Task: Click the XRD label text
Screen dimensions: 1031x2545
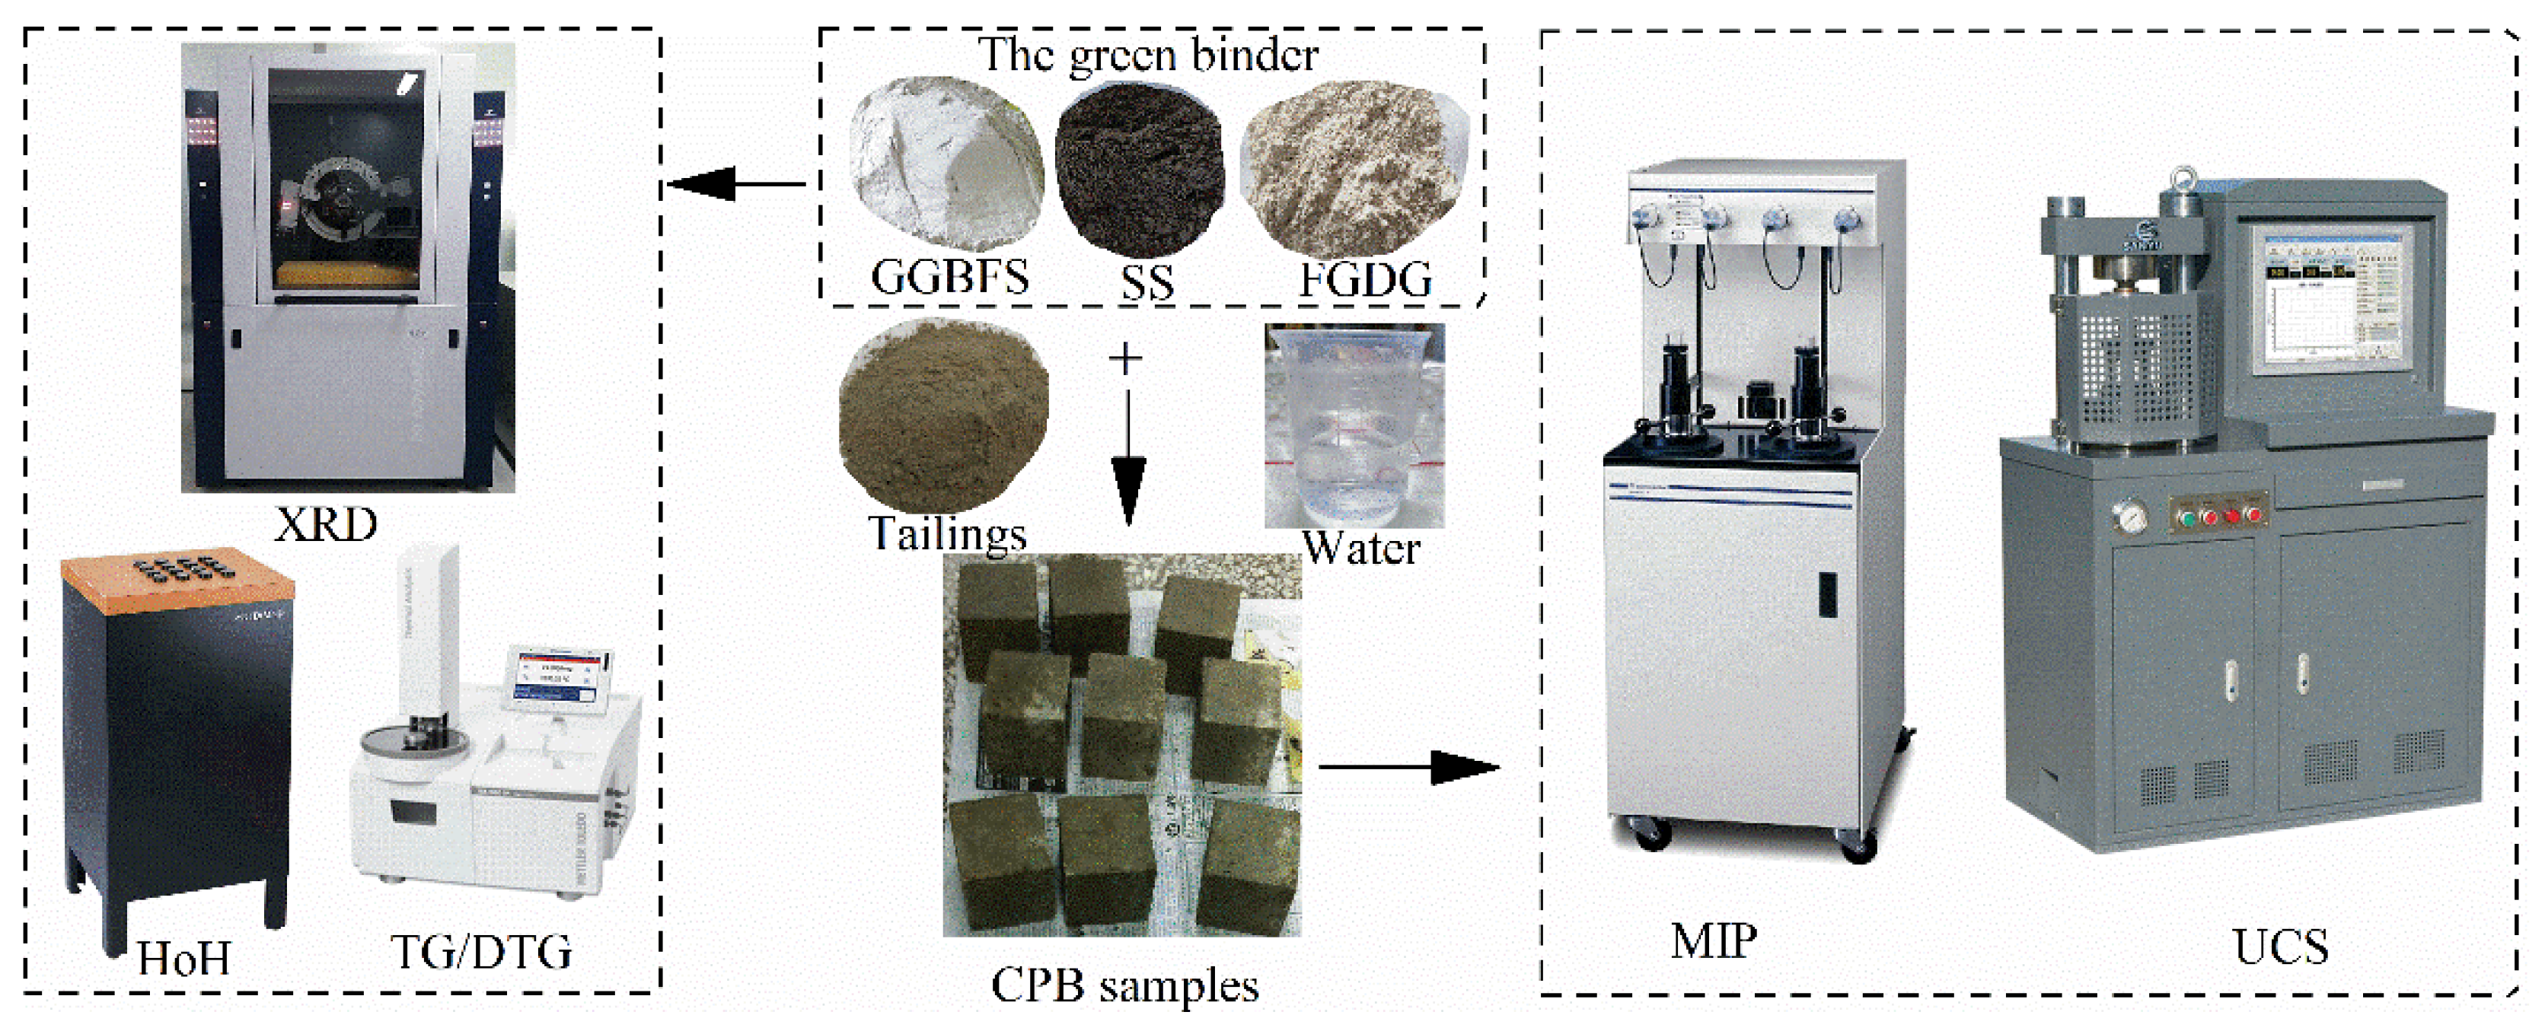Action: point(326,524)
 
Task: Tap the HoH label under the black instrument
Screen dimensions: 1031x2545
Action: point(183,958)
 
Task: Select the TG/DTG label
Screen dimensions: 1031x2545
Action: point(481,952)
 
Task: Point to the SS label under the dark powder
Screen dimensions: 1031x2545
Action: point(1147,283)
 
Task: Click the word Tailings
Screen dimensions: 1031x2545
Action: point(946,533)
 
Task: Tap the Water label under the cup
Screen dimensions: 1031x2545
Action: point(1360,548)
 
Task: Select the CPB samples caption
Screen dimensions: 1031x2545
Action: point(1124,985)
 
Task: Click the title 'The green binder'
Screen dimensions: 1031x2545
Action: point(1148,54)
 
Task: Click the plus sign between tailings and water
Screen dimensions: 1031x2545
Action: point(1125,358)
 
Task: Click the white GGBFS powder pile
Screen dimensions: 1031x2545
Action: point(943,163)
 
